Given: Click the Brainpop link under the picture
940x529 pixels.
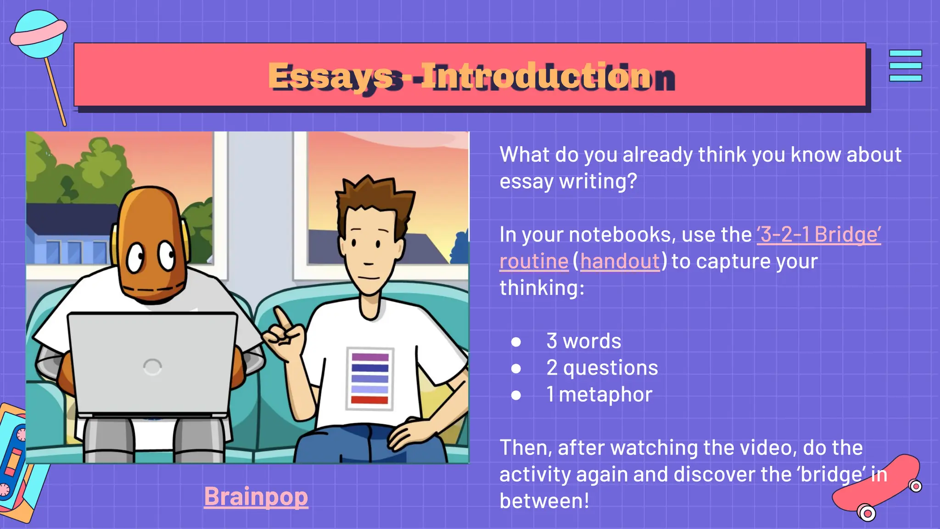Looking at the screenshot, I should (x=256, y=497).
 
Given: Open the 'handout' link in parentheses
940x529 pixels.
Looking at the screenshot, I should (x=620, y=261).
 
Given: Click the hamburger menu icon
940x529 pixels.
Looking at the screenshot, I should (x=905, y=66).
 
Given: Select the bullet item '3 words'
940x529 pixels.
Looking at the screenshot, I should (x=583, y=341).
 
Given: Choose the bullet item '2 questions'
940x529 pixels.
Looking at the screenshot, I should (x=602, y=368).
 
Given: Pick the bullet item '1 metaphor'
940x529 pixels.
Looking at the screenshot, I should (x=599, y=394).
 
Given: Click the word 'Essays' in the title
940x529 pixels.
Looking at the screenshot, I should (x=330, y=76).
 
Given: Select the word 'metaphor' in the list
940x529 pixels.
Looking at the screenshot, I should (x=605, y=394).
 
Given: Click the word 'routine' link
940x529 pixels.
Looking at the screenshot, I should (x=534, y=261).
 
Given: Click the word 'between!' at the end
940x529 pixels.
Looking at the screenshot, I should (x=544, y=501).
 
